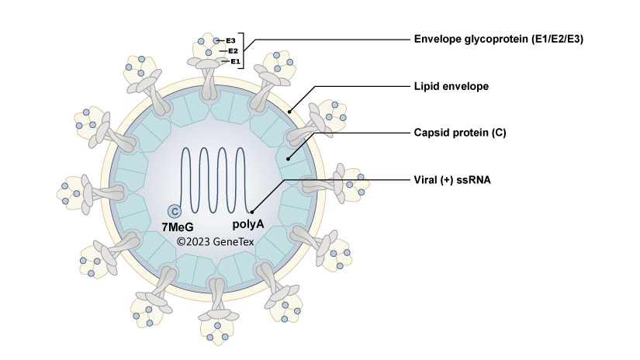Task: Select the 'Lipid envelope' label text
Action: [451, 86]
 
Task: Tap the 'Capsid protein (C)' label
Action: [460, 133]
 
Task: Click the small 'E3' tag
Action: [230, 40]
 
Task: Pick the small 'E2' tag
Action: [233, 50]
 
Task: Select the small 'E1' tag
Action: [235, 61]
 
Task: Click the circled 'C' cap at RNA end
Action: [175, 211]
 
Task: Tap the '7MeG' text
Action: [178, 227]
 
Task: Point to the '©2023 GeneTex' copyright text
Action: [215, 241]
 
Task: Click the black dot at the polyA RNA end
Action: [252, 211]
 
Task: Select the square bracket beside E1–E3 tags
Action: [244, 50]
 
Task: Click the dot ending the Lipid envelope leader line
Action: [290, 112]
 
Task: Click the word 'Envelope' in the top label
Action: [437, 39]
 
